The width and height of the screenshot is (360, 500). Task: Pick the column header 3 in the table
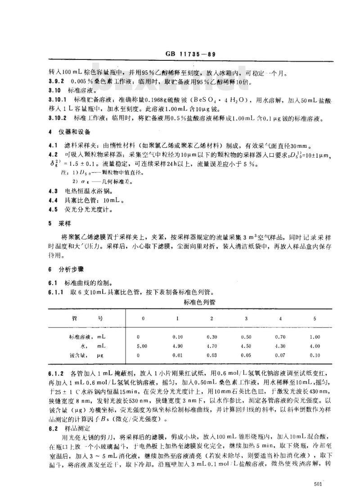coord(246,318)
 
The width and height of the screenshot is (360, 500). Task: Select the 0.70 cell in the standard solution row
coord(280,336)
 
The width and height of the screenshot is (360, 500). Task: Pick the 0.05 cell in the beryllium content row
coord(246,355)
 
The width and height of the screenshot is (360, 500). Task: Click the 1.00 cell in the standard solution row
coord(315,336)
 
